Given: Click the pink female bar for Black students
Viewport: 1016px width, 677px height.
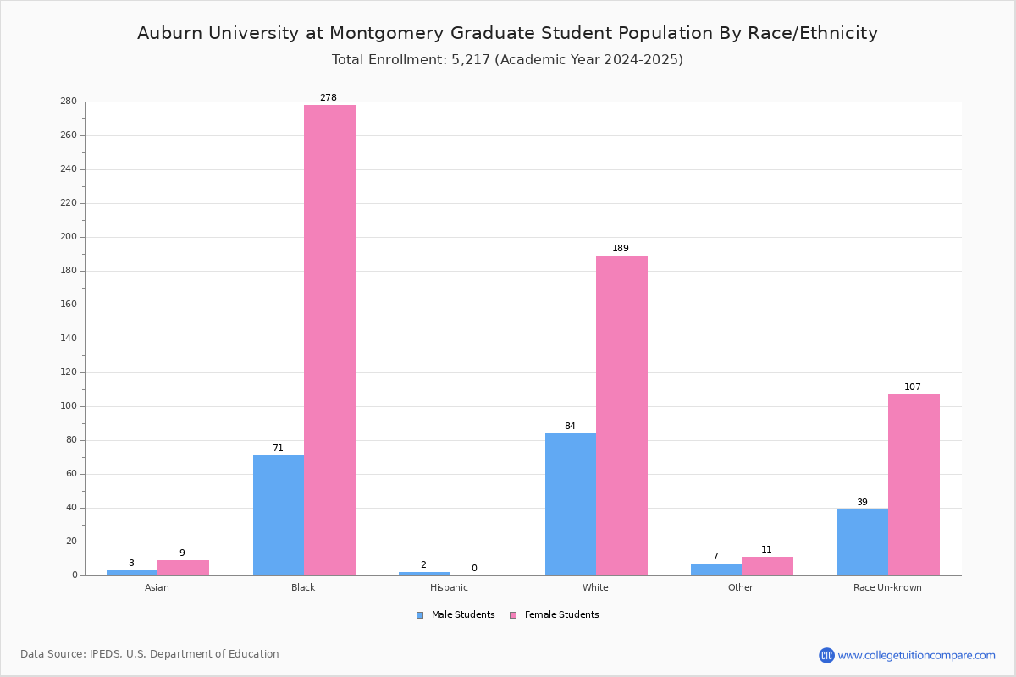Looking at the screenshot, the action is (329, 340).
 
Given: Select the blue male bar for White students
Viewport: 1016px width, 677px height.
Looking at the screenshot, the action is (571, 504).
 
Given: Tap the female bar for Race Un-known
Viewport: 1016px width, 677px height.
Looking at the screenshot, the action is (914, 485).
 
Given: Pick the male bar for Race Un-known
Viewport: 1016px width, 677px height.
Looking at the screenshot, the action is (863, 542).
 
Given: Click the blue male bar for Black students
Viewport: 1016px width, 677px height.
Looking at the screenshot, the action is (279, 515).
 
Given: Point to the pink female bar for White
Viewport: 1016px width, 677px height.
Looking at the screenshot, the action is (621, 416).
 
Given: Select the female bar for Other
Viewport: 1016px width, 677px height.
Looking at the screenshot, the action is (767, 566).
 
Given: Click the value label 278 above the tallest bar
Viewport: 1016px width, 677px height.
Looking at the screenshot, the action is (329, 97).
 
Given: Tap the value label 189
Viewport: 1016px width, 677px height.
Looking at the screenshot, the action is (621, 248).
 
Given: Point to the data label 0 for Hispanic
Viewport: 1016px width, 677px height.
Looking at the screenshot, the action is (474, 568).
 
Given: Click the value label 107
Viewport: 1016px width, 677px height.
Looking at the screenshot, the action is (913, 387).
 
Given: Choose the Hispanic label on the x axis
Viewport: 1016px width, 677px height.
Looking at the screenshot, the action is (449, 587).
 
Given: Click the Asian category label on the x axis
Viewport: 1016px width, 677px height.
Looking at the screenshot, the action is (157, 587).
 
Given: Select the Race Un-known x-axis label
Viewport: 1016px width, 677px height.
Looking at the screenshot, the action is (887, 587).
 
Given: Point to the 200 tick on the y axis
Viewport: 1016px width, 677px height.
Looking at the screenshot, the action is (69, 237).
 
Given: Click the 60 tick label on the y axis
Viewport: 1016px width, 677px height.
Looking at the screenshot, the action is (72, 474).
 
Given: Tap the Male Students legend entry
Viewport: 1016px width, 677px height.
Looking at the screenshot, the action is (456, 615).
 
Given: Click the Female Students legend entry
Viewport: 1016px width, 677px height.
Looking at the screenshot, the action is (555, 615).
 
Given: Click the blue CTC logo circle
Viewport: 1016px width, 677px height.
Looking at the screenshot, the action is (826, 655).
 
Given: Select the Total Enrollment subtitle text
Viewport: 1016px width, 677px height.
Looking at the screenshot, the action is (507, 60).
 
